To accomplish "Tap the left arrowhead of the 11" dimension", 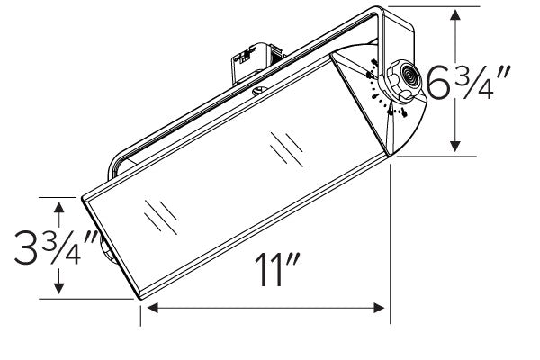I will coord(150,309).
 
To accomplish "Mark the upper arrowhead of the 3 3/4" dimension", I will coord(60,206).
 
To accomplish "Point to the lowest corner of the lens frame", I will coord(139,297).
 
